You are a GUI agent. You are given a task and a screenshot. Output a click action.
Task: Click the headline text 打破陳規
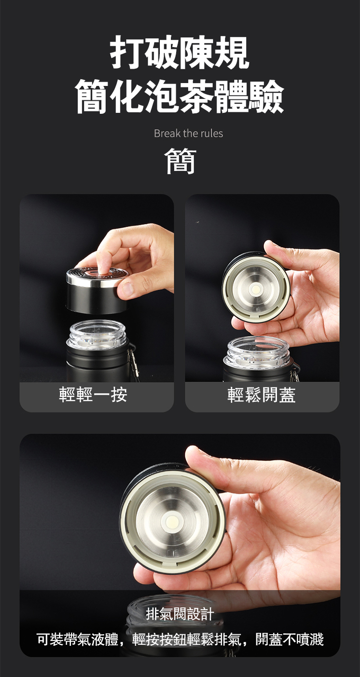(x=180, y=52)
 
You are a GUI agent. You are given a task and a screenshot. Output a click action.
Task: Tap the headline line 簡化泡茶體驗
(x=180, y=97)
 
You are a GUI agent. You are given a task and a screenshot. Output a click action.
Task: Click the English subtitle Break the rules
(x=188, y=133)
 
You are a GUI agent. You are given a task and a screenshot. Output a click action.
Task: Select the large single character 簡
(x=180, y=161)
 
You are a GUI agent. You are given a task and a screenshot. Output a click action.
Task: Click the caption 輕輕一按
(x=93, y=394)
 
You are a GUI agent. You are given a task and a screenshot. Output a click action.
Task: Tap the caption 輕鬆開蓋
(x=262, y=394)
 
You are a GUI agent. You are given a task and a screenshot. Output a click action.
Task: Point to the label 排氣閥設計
(x=180, y=614)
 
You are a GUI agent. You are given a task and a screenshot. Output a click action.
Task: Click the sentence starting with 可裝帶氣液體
(x=180, y=639)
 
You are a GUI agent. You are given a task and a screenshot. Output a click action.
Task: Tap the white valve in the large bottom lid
(x=173, y=521)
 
